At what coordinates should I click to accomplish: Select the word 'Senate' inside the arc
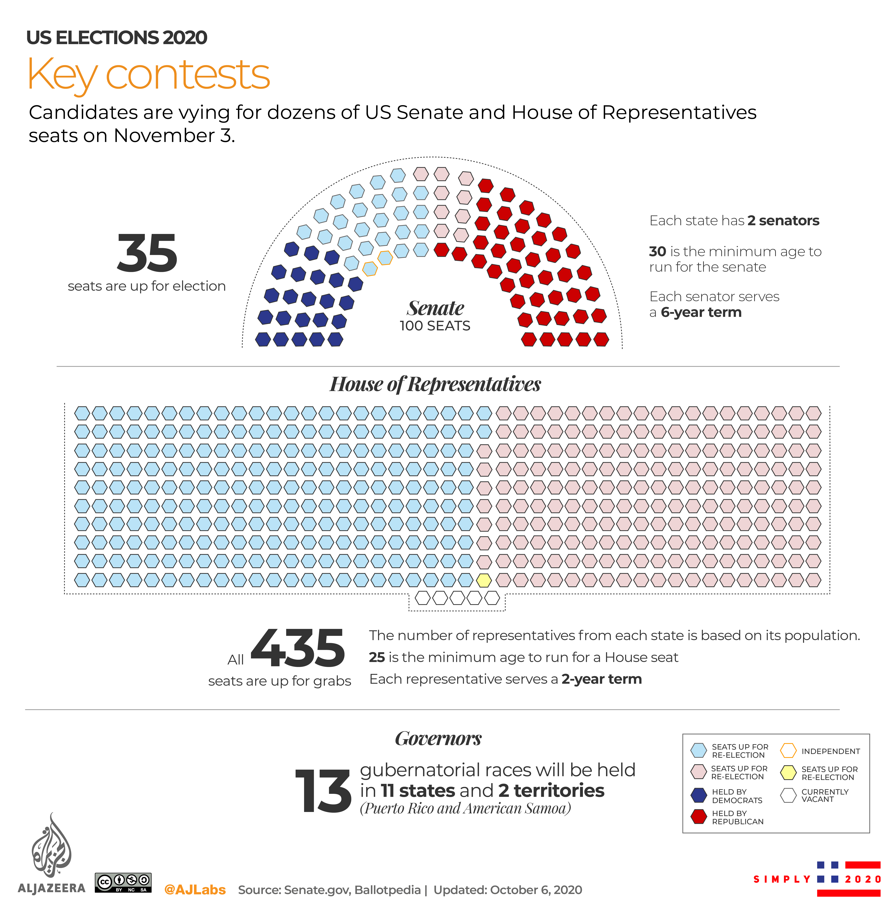click(435, 308)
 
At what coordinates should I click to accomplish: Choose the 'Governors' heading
click(438, 738)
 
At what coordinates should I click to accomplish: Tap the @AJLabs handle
click(195, 890)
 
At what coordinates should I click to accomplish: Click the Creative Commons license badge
click(123, 882)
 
